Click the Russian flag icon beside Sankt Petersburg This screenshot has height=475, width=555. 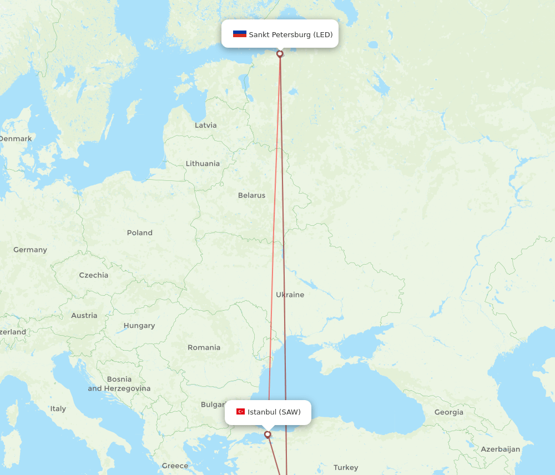pos(239,34)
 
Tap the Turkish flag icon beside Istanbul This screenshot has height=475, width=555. pos(240,412)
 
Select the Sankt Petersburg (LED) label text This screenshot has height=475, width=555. pos(290,34)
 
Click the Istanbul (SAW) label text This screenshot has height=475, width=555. pos(274,412)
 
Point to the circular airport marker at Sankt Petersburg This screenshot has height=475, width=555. pos(280,54)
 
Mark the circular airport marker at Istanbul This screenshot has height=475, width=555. pos(268,434)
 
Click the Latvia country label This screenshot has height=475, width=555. pos(205,125)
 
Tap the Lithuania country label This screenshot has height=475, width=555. pos(203,164)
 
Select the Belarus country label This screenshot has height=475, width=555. pos(251,195)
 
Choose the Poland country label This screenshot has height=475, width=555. pos(139,233)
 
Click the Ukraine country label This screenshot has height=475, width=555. pos(290,295)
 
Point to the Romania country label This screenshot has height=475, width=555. pos(204,348)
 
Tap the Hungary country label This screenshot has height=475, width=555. pos(139,326)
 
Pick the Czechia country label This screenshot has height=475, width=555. pos(93,275)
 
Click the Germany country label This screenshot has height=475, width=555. pos(30,250)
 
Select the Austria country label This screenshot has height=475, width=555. pos(84,316)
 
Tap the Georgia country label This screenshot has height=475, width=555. pos(448,412)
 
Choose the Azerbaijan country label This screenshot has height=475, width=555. pos(500,449)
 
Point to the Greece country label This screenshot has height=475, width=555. pos(175,466)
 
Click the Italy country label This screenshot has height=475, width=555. pos(58,409)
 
